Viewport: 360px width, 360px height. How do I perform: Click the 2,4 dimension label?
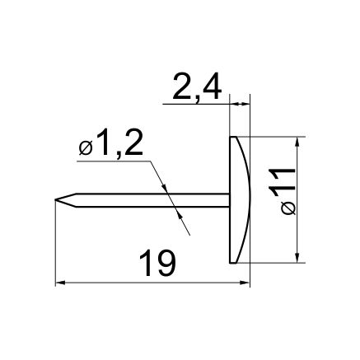pyautogui.click(x=197, y=87)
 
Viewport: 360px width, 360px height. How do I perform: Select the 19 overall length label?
pyautogui.click(x=157, y=263)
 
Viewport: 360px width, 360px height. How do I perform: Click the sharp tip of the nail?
pyautogui.click(x=55, y=200)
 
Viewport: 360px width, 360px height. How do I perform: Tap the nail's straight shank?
pyautogui.click(x=152, y=200)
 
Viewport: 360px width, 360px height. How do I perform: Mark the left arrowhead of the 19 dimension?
pyautogui.click(x=60, y=283)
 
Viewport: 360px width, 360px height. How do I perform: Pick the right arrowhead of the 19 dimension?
pyautogui.click(x=245, y=283)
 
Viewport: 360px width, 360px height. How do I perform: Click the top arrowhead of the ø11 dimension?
pyautogui.click(x=297, y=142)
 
